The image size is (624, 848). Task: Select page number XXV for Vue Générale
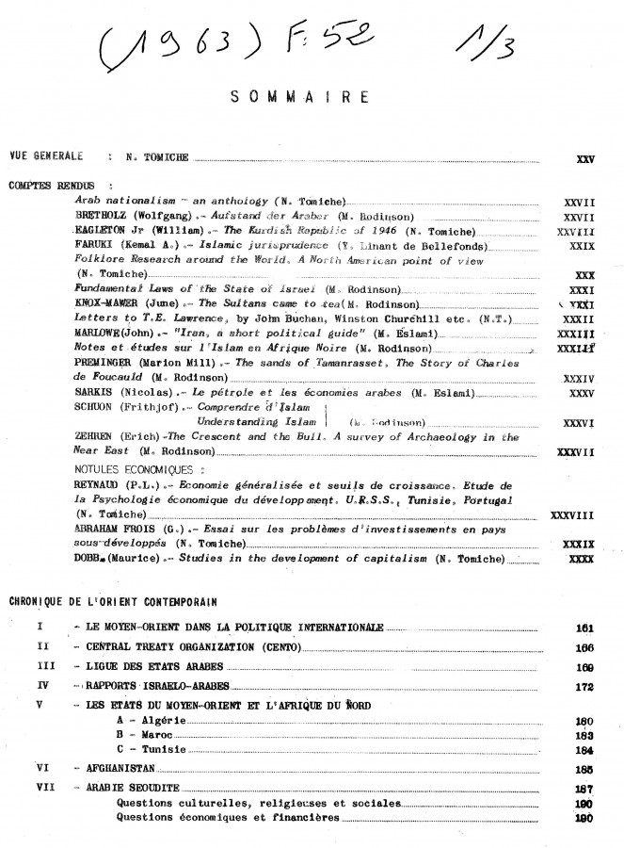coord(583,159)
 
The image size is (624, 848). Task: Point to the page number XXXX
coord(582,560)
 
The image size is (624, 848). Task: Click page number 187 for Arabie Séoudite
coord(583,789)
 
